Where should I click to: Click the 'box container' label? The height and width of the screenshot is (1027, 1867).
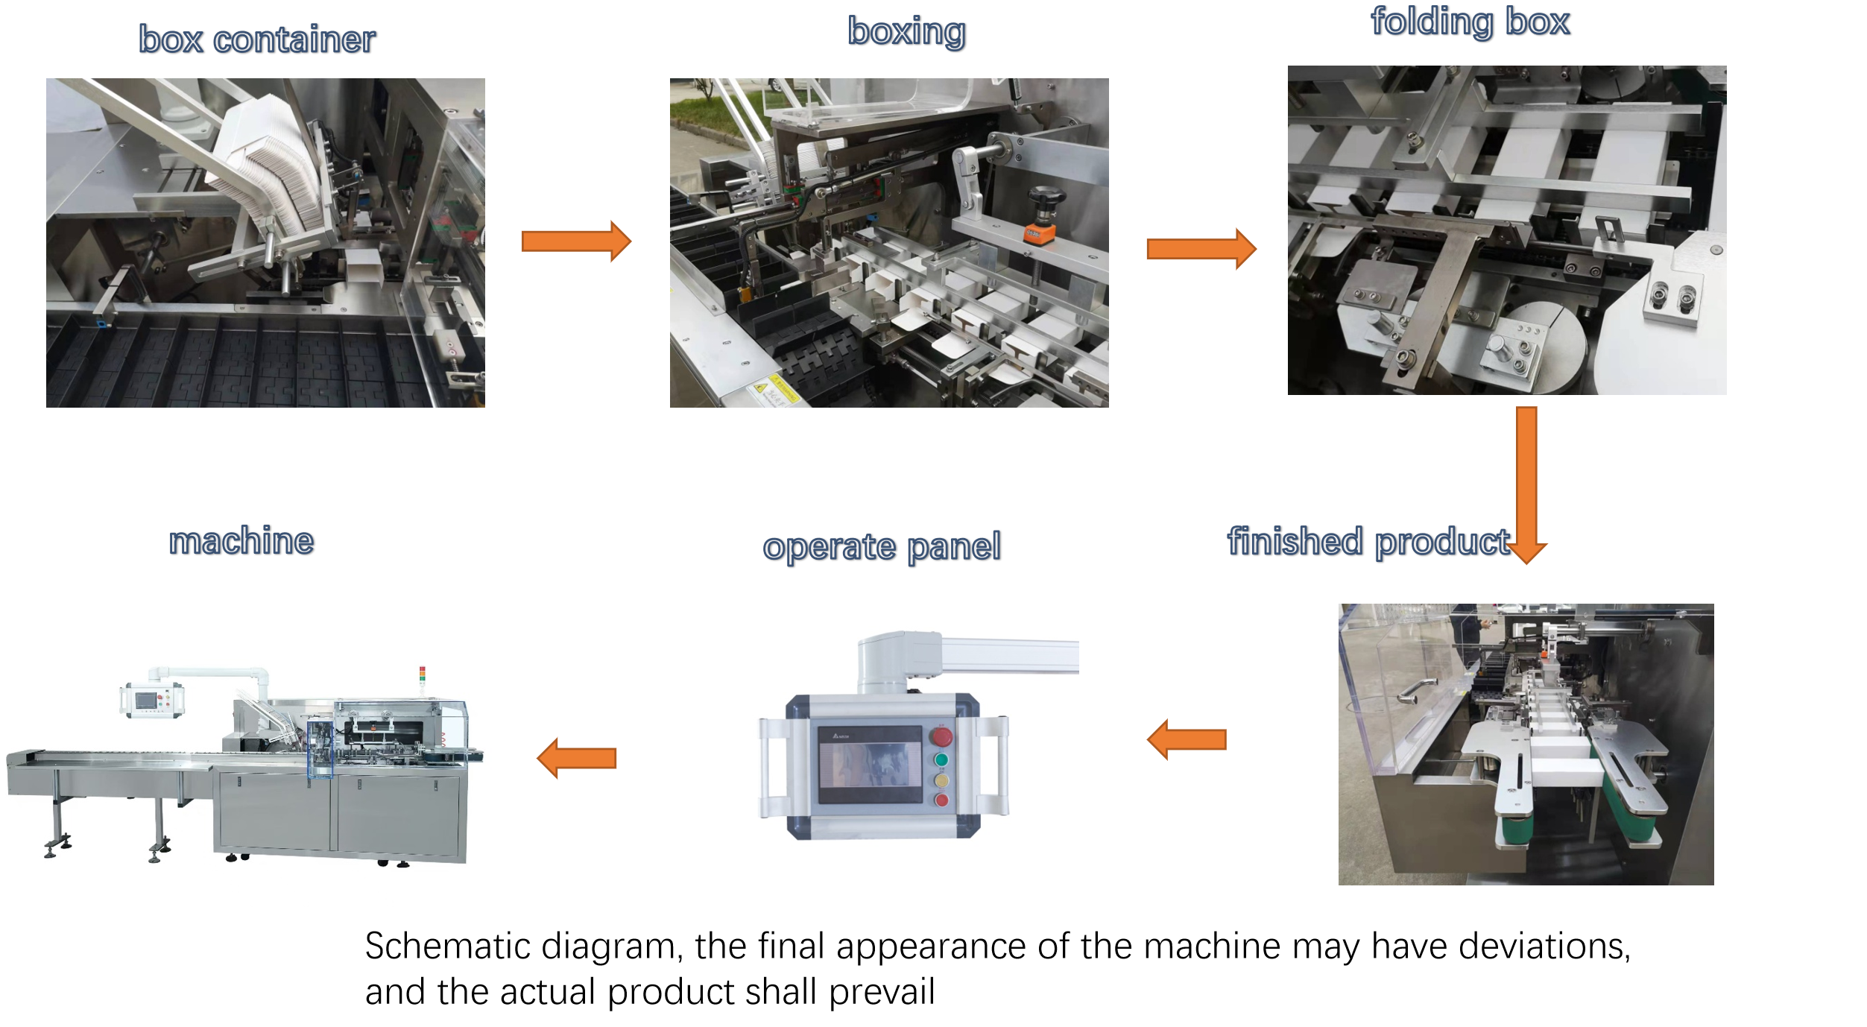(257, 39)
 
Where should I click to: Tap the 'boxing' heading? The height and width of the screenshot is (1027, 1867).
(906, 31)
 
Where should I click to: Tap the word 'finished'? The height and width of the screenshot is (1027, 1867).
(1295, 541)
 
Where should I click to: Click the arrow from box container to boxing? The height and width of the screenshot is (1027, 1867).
(576, 241)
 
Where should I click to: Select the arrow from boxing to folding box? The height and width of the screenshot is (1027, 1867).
(1201, 248)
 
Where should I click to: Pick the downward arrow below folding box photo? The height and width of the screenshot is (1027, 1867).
(1526, 484)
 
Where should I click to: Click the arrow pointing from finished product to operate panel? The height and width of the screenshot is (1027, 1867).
(1187, 739)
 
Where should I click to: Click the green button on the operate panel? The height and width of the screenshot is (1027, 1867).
(941, 759)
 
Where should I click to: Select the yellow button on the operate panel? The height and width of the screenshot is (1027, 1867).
(941, 780)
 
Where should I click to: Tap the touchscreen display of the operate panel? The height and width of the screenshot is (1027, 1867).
(871, 765)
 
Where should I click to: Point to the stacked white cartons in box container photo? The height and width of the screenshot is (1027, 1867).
(265, 168)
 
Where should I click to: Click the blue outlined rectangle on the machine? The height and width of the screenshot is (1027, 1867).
(320, 749)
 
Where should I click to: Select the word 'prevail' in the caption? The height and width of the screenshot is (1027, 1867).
(882, 992)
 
